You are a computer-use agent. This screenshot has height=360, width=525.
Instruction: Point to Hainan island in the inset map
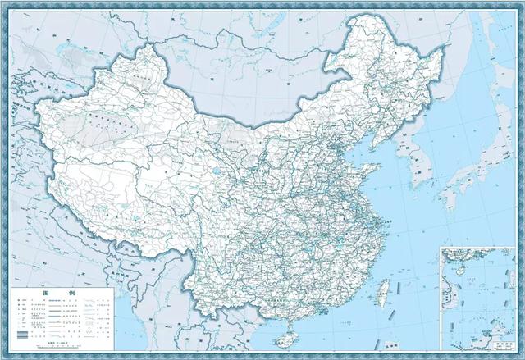point(453,265)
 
